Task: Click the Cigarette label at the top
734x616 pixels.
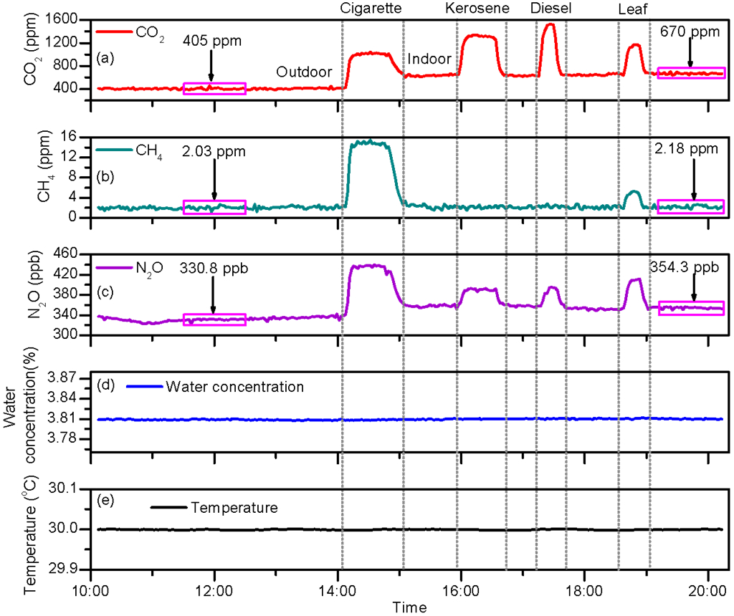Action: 371,9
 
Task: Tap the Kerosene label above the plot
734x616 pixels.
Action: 477,9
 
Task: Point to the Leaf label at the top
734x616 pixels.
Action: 634,9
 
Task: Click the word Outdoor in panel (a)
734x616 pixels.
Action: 304,72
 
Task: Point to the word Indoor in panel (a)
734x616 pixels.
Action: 429,59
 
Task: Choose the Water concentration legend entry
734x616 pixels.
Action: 234,388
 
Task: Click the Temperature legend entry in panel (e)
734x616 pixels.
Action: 234,508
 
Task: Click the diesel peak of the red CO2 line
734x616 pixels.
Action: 550,25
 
